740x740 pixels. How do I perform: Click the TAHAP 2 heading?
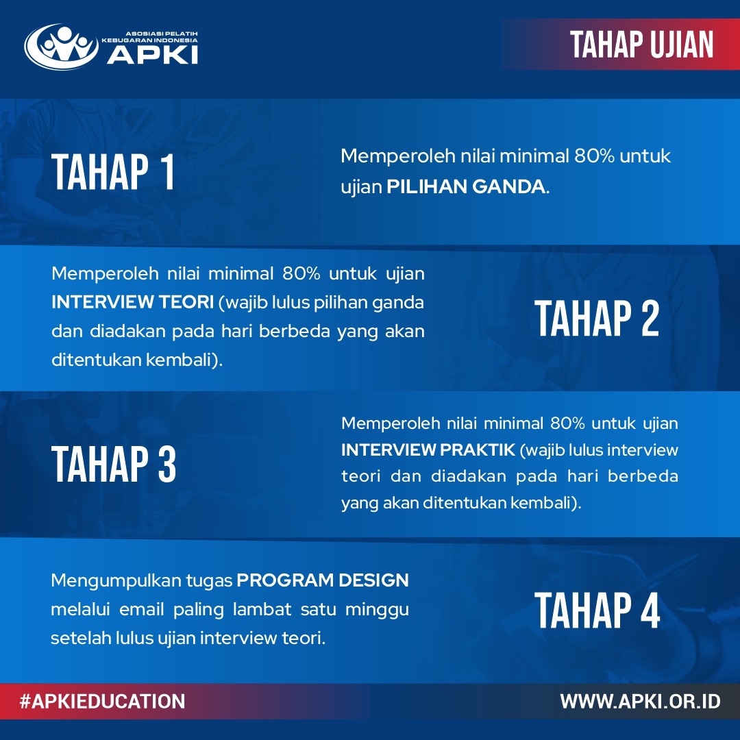coord(597,319)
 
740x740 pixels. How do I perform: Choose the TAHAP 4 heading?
coord(597,610)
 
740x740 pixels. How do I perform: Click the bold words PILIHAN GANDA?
coord(467,187)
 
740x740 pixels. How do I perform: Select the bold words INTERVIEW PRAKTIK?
coord(428,450)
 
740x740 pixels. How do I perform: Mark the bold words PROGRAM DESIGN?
coord(323,581)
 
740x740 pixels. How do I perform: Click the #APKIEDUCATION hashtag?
coord(102,702)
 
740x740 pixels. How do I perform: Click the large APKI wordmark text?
coord(152,54)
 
